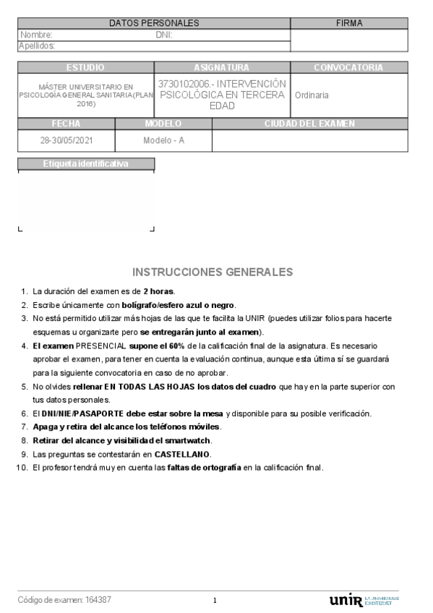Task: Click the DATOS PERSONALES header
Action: pos(154,23)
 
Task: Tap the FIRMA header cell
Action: pos(349,23)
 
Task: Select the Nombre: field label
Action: pos(36,35)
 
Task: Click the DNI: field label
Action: pos(163,35)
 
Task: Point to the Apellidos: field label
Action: pos(37,46)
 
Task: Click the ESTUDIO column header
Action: pos(85,67)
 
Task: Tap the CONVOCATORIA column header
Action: pos(348,67)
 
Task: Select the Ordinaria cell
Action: pos(312,95)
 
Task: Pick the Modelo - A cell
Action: pos(163,140)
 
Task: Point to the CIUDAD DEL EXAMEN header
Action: pos(309,124)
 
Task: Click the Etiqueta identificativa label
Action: pos(85,163)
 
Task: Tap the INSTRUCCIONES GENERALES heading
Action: pos(213,272)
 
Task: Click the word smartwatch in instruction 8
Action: pos(171,440)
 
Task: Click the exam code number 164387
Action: pos(98,600)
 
